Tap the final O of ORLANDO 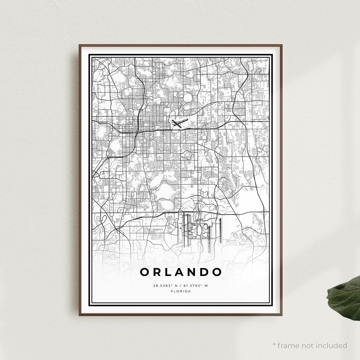click(x=217, y=272)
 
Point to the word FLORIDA click(x=181, y=291)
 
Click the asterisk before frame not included click(x=274, y=344)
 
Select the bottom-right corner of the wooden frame click(x=282, y=315)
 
